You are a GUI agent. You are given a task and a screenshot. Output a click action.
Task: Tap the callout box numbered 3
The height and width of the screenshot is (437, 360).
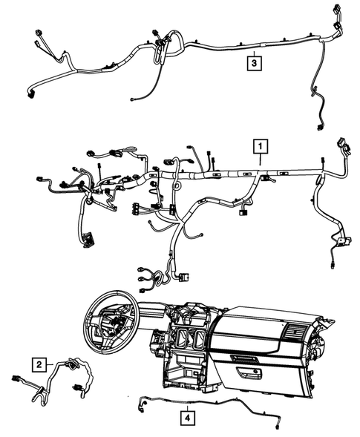pos(254,64)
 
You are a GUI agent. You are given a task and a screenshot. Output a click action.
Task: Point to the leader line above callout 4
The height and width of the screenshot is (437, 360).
pos(191,404)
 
